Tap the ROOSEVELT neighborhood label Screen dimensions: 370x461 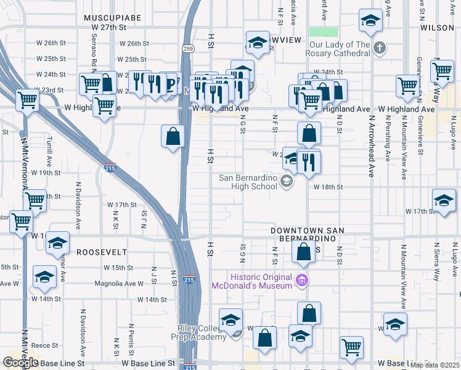pyautogui.click(x=102, y=252)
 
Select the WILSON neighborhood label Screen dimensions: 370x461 pyautogui.click(x=438, y=28)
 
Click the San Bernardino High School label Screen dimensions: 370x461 pyautogui.click(x=248, y=182)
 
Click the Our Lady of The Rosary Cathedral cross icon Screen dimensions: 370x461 pyautogui.click(x=380, y=48)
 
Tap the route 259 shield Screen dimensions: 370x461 pyautogui.click(x=187, y=48)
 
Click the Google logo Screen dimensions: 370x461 pyautogui.click(x=20, y=363)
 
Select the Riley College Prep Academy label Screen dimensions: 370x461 pyautogui.click(x=201, y=332)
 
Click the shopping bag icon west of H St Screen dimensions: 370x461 pyautogui.click(x=173, y=136)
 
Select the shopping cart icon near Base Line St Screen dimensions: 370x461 pyautogui.click(x=351, y=347)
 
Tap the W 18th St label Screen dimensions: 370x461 pyautogui.click(x=328, y=187)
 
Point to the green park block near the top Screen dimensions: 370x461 pyautogui.click(x=324, y=32)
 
